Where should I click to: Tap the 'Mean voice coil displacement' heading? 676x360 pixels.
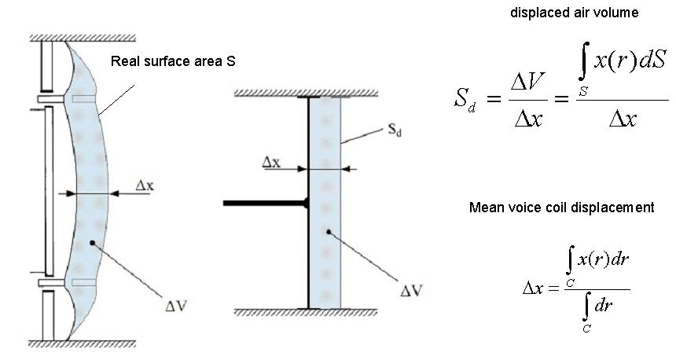point(561,208)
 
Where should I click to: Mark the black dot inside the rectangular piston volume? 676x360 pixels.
point(327,233)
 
